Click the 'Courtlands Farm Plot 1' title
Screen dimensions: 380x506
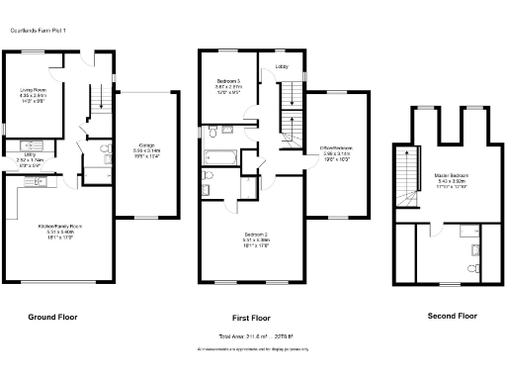(x=39, y=31)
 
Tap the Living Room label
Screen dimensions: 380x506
(x=34, y=94)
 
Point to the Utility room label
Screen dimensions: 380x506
(x=31, y=155)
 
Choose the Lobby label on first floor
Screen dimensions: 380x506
(x=282, y=67)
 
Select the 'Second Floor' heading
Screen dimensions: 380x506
(x=452, y=316)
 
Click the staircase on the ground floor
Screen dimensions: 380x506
(x=100, y=100)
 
